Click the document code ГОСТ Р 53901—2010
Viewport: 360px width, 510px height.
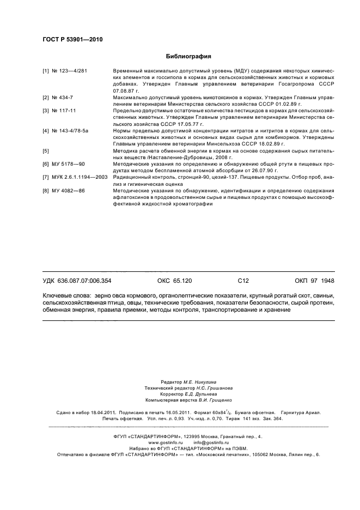tap(72, 39)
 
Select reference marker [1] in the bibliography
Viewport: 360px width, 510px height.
tap(46, 71)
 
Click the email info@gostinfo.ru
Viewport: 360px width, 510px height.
tap(211, 442)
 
